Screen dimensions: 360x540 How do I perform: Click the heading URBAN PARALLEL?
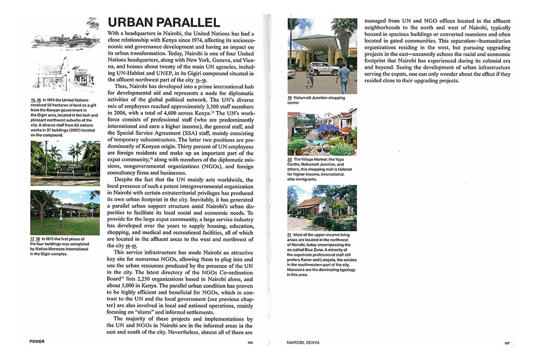point(163,23)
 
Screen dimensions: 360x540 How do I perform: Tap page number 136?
point(250,343)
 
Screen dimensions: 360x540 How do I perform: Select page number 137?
point(507,343)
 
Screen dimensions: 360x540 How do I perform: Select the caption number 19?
point(289,98)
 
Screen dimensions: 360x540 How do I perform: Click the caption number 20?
point(289,159)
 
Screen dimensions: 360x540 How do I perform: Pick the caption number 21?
point(289,235)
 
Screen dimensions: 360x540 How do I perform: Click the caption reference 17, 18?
point(36,239)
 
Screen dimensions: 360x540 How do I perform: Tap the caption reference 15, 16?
point(36,100)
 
